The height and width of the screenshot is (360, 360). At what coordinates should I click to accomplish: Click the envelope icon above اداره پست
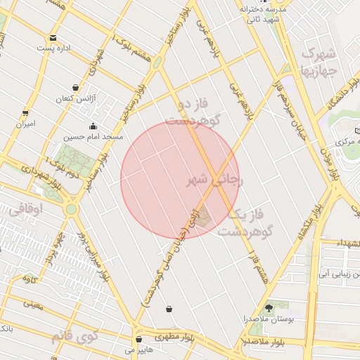point(53,38)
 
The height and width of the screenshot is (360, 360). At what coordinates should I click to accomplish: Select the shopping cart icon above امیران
point(26,113)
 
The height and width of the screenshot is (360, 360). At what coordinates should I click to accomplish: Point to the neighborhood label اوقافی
point(27,209)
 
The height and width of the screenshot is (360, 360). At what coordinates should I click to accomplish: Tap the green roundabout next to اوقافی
point(71,209)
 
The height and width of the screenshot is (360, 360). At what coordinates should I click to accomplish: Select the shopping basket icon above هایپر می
point(139,339)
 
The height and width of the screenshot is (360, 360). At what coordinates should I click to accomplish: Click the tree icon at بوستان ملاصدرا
point(268,308)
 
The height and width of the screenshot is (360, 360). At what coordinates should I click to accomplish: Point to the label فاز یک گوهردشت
point(243,223)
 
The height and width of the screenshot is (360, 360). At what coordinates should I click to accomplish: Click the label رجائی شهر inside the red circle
point(214,181)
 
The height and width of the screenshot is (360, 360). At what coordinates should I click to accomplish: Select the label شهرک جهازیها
point(319,62)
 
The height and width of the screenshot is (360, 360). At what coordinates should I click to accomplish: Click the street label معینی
point(33,304)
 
